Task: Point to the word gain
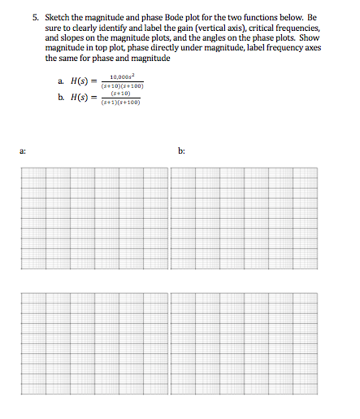coord(167,27)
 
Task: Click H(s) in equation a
coord(80,81)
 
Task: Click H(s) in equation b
coord(80,99)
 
